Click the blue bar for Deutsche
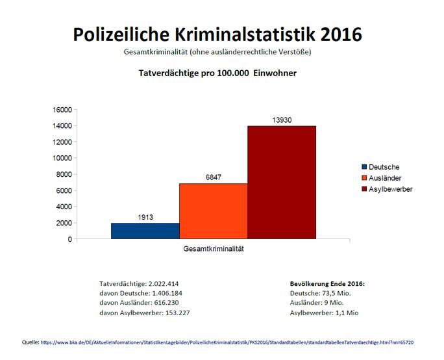click(x=145, y=231)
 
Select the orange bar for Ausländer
click(x=213, y=211)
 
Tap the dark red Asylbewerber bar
click(x=281, y=183)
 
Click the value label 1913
click(x=145, y=217)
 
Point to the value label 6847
click(x=213, y=177)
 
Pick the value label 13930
click(x=281, y=120)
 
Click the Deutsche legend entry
click(x=384, y=167)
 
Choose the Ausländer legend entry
click(x=385, y=177)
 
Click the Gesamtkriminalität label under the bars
click(x=213, y=248)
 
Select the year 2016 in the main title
click(x=336, y=33)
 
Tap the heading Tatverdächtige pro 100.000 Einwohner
click(x=218, y=73)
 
